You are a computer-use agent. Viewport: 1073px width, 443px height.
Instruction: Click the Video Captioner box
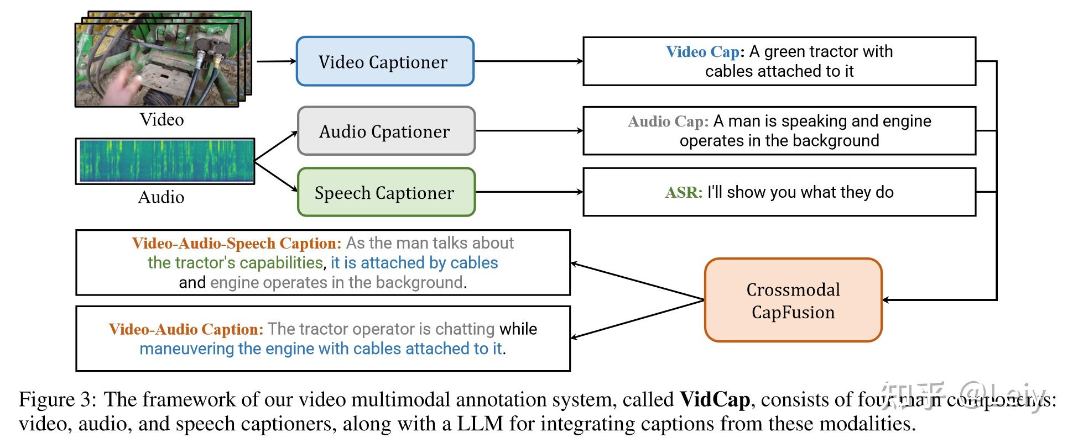click(385, 61)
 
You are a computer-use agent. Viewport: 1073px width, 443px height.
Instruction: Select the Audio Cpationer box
click(386, 131)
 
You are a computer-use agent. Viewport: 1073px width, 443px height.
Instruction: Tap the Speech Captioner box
click(386, 192)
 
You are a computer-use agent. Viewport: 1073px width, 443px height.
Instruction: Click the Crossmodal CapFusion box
click(793, 300)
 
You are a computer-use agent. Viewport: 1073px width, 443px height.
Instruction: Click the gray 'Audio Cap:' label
click(668, 122)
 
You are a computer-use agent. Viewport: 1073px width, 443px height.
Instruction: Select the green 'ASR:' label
click(683, 192)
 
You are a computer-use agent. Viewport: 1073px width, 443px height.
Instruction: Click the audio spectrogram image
click(165, 161)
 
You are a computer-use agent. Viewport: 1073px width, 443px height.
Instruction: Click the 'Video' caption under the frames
click(162, 119)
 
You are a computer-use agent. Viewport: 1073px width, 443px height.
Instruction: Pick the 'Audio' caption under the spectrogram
click(161, 197)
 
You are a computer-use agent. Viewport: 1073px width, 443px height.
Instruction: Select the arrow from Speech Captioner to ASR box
click(529, 192)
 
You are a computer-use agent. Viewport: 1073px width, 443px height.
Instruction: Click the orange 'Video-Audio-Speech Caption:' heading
click(237, 243)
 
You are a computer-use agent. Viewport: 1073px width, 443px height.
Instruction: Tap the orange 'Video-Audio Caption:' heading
click(186, 329)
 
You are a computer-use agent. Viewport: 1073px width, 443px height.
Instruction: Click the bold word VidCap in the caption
click(715, 399)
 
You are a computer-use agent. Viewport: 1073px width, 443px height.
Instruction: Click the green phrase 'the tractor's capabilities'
click(235, 263)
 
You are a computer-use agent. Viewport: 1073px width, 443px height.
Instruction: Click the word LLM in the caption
click(480, 424)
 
